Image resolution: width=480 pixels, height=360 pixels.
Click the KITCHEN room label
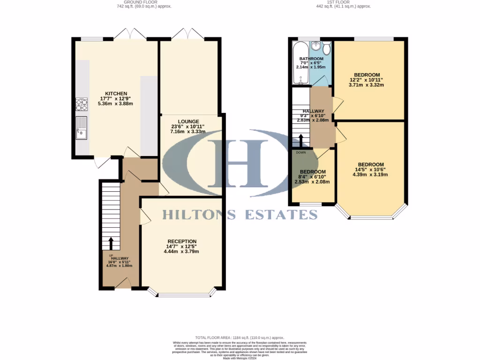pos(116,94)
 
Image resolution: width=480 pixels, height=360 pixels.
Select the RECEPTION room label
pos(181,241)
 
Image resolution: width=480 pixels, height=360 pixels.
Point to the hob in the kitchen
pos(81,104)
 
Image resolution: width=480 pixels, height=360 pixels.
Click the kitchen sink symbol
pos(81,127)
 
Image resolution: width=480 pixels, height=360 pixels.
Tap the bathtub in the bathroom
pos(299,63)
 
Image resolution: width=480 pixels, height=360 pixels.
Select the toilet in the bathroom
pos(326,48)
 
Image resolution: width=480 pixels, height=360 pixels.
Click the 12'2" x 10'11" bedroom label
pos(367,75)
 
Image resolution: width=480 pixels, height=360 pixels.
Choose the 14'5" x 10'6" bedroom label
pos(371,165)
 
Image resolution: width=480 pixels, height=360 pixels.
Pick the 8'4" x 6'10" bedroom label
pos(313,172)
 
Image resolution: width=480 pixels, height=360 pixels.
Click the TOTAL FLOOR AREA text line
pos(240,337)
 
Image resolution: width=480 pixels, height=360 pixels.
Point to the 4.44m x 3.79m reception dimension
pos(181,252)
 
